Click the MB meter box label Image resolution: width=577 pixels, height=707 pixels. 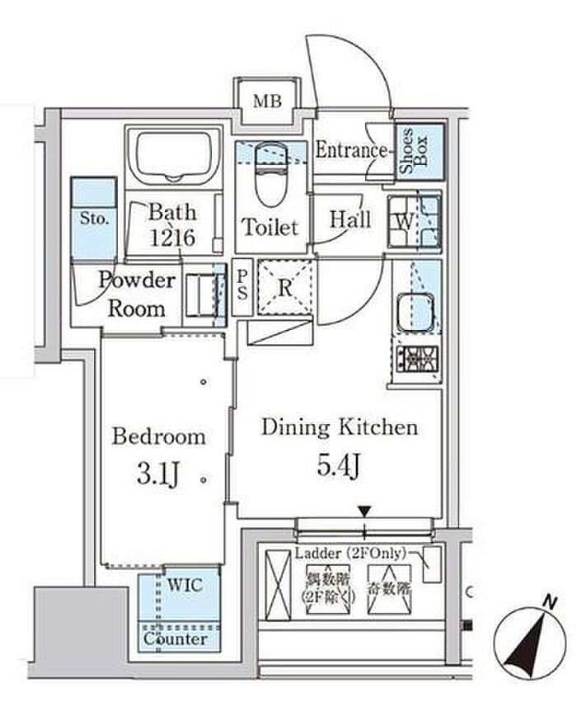click(267, 102)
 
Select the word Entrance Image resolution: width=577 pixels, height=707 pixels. click(352, 151)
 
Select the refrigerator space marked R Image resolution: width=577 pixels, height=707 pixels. click(284, 288)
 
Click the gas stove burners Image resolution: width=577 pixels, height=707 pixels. click(416, 359)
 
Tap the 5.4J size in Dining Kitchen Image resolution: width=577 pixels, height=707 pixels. click(339, 467)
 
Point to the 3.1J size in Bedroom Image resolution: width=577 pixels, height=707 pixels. click(159, 474)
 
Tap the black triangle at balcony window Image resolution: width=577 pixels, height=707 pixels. click(366, 511)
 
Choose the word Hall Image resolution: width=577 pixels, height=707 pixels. click(349, 220)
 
